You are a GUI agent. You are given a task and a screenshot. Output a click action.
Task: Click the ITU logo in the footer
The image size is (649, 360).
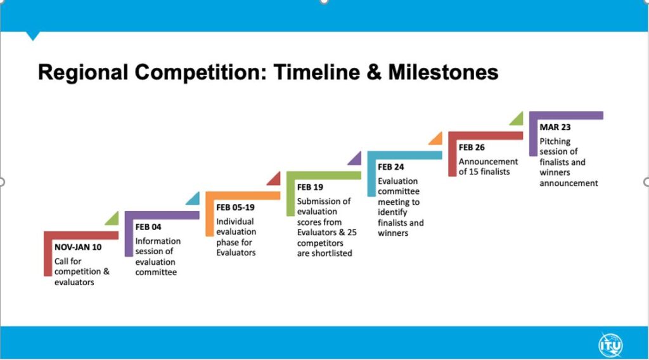[610, 345]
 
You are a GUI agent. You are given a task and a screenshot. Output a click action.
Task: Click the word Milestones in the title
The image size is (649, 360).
[443, 72]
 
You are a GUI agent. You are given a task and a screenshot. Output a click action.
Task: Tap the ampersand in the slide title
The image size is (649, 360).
[374, 72]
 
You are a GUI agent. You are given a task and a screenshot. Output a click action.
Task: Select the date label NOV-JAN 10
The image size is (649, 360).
[78, 247]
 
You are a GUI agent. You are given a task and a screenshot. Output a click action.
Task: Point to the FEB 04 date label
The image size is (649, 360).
[148, 227]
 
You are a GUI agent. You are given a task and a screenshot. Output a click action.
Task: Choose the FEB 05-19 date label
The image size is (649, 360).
[235, 207]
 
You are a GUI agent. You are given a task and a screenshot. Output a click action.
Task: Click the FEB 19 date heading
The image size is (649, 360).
[310, 187]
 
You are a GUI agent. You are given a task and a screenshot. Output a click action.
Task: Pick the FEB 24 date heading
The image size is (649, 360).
[390, 167]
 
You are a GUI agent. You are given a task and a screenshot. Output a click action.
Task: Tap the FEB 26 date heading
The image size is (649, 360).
[472, 147]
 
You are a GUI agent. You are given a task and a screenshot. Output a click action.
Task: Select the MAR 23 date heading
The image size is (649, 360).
[555, 127]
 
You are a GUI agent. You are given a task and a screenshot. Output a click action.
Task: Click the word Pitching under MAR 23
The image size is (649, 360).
[555, 141]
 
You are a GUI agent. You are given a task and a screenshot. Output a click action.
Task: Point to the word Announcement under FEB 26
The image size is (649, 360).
[488, 162]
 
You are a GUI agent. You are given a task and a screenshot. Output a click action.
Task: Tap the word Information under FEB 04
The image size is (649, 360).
[158, 241]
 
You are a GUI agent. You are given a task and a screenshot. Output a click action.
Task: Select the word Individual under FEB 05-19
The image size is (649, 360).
[235, 221]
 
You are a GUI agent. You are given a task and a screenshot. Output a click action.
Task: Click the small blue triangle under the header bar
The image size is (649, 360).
[33, 35]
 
